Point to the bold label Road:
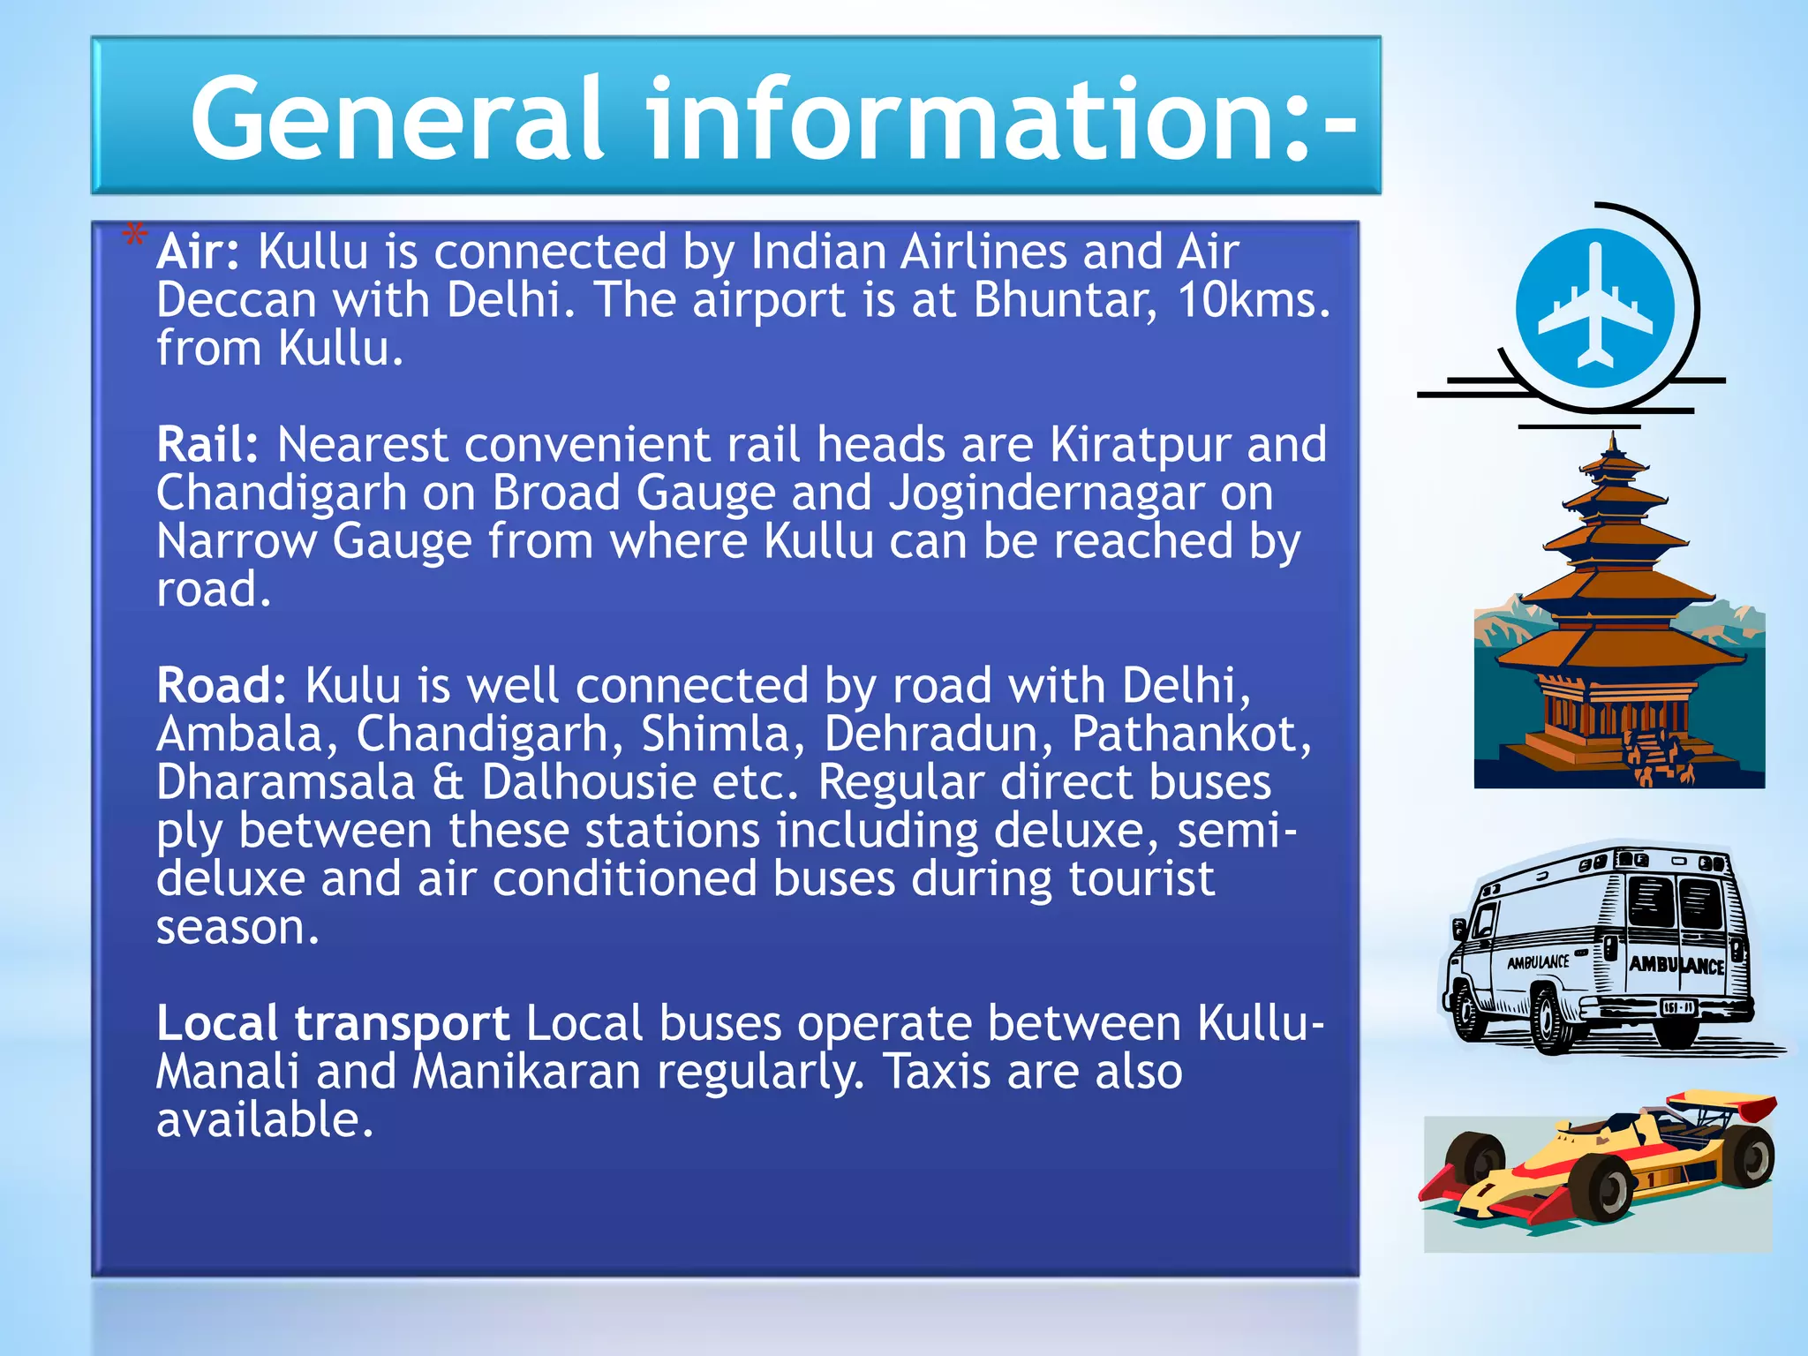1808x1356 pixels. [222, 686]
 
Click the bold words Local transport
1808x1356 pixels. [333, 1024]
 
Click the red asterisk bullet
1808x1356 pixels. [134, 237]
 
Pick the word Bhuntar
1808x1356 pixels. [1065, 300]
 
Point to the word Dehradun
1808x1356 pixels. [938, 734]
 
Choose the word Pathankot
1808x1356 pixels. [1191, 734]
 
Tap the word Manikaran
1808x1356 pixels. [527, 1073]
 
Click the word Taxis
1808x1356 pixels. [937, 1073]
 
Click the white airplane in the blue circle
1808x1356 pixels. [1595, 304]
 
